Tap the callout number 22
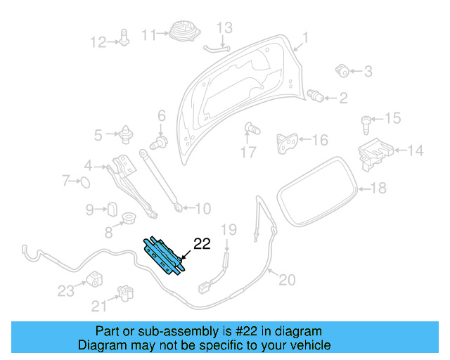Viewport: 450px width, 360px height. [202, 244]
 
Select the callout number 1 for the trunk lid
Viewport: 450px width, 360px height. [305, 38]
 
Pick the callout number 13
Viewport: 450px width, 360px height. [224, 28]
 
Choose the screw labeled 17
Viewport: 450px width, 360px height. [250, 129]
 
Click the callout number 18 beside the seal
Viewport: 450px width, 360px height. [378, 188]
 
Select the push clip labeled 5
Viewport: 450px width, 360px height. [127, 133]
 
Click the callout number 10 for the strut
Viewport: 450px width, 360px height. [202, 209]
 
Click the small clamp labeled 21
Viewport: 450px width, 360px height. [124, 291]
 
